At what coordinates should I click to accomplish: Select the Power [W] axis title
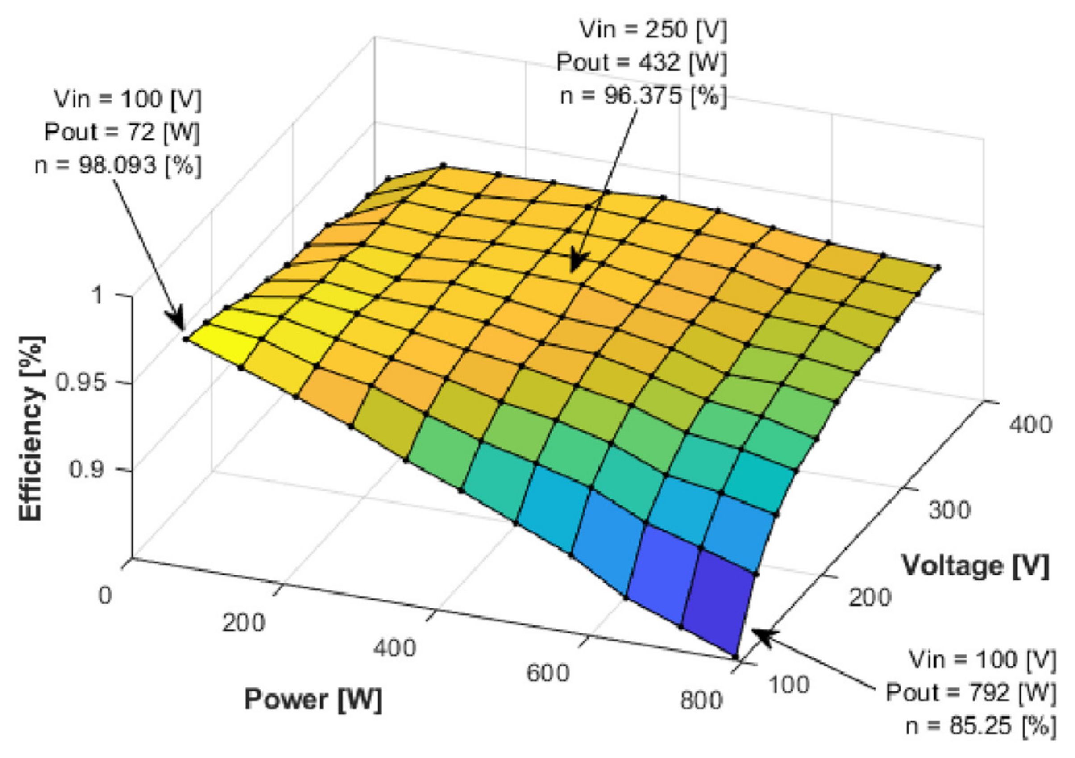click(x=313, y=700)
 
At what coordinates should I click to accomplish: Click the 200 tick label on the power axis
click(x=244, y=623)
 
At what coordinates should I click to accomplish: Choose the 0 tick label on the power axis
click(x=105, y=596)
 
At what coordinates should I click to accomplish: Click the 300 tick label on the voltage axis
click(x=950, y=510)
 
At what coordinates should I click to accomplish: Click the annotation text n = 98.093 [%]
click(x=118, y=165)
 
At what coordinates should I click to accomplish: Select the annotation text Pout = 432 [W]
click(x=642, y=62)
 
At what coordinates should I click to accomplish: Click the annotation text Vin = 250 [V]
click(x=654, y=29)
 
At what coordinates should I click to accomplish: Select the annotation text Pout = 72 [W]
click(x=122, y=132)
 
